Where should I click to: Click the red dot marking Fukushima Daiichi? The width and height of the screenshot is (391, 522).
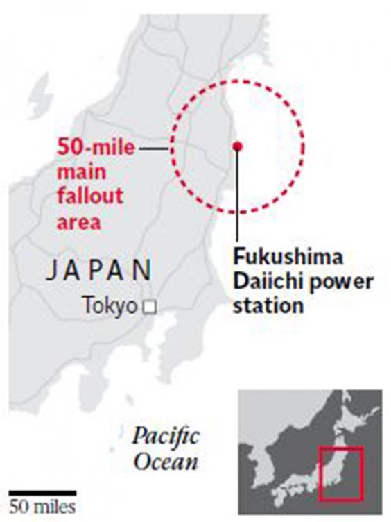tap(237, 146)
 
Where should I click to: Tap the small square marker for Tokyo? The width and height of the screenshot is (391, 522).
tap(148, 305)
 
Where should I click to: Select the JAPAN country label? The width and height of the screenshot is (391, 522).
tap(99, 270)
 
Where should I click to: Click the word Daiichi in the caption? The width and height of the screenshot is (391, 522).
tap(261, 282)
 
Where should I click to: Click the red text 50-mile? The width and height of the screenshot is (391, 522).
tap(96, 148)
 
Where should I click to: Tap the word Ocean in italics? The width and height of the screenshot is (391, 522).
tap(166, 462)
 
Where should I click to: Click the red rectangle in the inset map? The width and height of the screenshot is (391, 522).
tap(340, 473)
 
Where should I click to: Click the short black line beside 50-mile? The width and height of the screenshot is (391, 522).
tap(154, 148)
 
